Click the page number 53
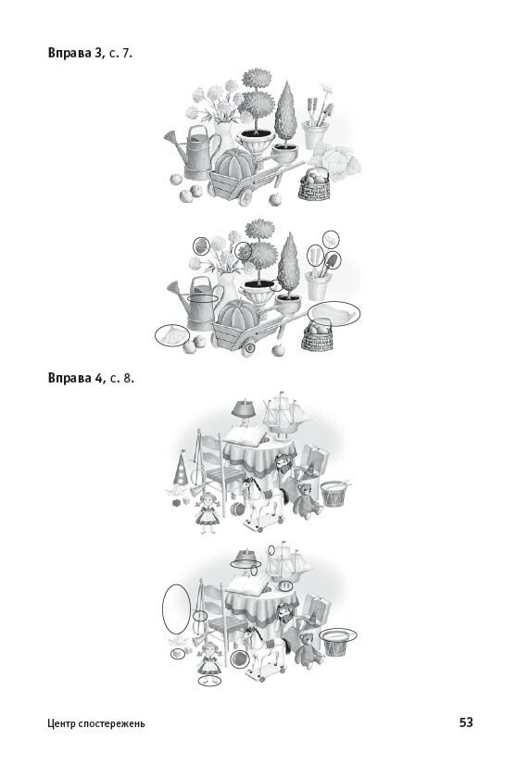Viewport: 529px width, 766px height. point(466,722)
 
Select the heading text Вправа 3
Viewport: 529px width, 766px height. point(76,53)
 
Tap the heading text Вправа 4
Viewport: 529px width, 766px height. point(76,378)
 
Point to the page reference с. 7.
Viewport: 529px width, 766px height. point(120,53)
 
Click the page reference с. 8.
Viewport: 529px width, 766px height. point(122,379)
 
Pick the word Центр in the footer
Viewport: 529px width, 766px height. point(61,723)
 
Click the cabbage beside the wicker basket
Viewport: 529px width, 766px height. point(336,159)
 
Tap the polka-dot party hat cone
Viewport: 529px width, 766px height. point(181,468)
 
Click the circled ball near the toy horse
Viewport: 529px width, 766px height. point(239,659)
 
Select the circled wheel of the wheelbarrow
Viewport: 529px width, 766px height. point(249,348)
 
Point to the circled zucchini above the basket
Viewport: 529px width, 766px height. point(334,314)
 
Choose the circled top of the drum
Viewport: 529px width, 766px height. point(338,635)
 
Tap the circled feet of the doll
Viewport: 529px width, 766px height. point(209,680)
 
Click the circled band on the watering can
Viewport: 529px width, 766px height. point(202,297)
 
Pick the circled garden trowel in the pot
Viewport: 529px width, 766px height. point(332,261)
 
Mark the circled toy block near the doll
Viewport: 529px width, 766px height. point(177,653)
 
